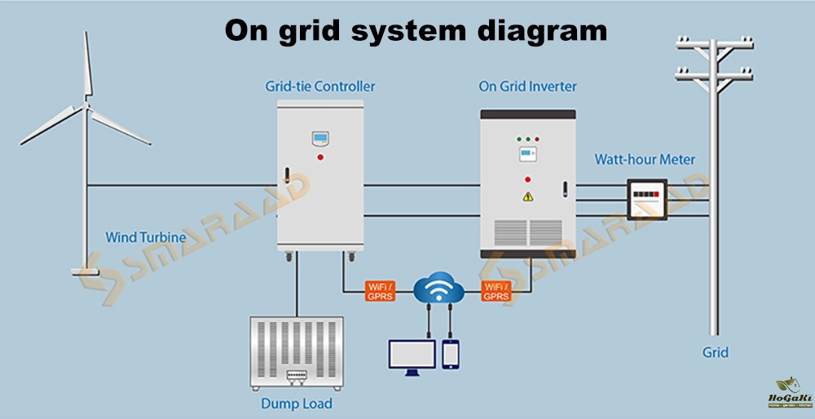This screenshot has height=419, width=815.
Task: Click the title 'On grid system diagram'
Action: point(416,31)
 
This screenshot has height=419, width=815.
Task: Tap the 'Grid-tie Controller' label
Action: point(320,86)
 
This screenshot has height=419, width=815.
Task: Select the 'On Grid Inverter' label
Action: point(527,86)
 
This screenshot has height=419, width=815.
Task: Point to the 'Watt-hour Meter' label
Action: point(645,160)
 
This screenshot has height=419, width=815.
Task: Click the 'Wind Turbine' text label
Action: point(146,238)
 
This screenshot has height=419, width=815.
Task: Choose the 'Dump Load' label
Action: point(296,403)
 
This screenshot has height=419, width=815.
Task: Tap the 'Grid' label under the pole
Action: point(715,353)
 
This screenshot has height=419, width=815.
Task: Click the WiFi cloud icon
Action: point(438,289)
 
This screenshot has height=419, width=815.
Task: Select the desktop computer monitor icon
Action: point(412,355)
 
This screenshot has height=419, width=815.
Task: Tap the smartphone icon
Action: point(451,354)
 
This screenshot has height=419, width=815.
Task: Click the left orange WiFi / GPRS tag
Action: point(380,291)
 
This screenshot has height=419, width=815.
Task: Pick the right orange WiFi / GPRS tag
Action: point(497,291)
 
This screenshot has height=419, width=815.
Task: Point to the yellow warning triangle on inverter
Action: point(527,196)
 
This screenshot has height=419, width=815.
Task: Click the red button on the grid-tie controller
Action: point(320,157)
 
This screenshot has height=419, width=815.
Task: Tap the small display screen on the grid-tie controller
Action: point(320,138)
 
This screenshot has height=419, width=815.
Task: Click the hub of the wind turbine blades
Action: point(85,104)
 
